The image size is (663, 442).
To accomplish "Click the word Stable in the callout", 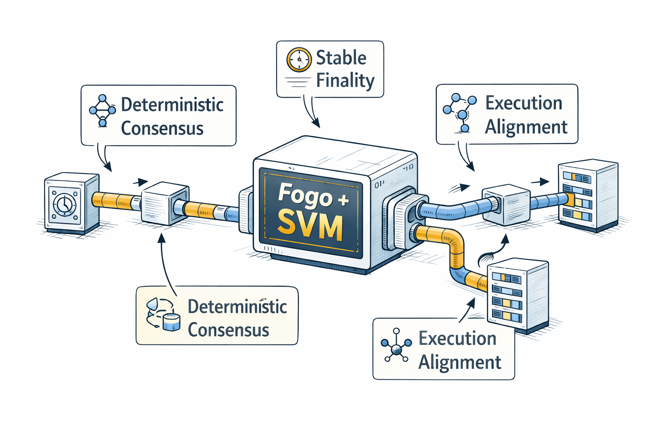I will [341, 58].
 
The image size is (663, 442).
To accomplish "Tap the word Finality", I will [345, 81].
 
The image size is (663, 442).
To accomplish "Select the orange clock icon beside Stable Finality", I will [299, 60].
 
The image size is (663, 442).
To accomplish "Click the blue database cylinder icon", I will [172, 322].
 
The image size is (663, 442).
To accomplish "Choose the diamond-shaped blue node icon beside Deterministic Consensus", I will [102, 111].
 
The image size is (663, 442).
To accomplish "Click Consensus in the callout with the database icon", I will [228, 330].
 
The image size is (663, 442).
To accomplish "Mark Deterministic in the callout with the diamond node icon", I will [172, 105].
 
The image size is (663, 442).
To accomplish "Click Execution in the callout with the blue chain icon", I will [524, 103].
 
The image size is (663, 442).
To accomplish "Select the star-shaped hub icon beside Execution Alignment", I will [396, 345].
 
